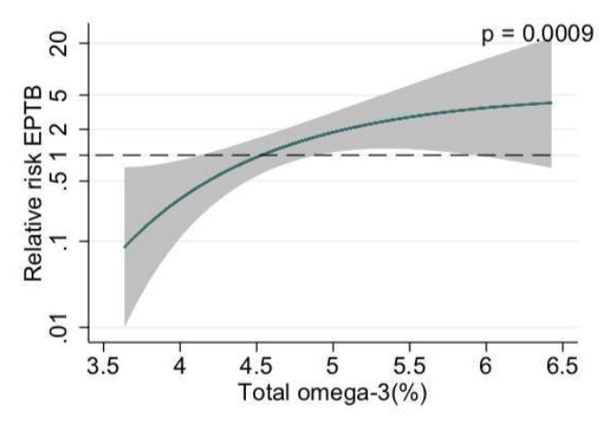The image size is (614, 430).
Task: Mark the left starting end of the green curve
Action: point(125,247)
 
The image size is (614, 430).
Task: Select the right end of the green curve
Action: point(551,102)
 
